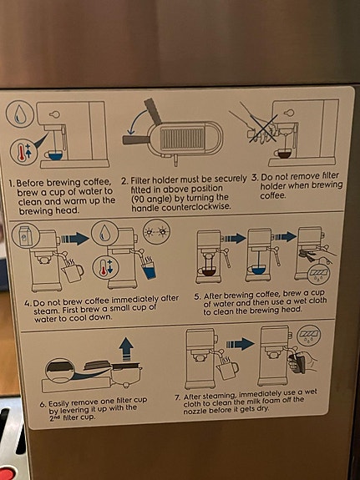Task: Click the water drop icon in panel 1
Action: coord(20,114)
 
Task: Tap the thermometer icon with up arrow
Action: coord(24,151)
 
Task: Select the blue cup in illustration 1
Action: coord(55,155)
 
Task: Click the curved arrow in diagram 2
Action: coord(135,122)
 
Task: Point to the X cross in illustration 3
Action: coord(263,129)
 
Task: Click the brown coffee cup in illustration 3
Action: coord(283,153)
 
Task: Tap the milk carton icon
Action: coord(26,235)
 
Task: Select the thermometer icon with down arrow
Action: coord(106,268)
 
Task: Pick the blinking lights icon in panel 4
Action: coord(156,231)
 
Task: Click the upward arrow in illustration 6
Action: coord(126,349)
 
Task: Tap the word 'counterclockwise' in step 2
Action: coord(196,207)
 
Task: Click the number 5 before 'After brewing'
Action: coord(197,296)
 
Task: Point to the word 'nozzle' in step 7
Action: coord(195,411)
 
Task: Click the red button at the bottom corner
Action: coord(7,472)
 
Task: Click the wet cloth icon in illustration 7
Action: coord(308,336)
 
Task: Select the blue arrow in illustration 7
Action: coord(241,344)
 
